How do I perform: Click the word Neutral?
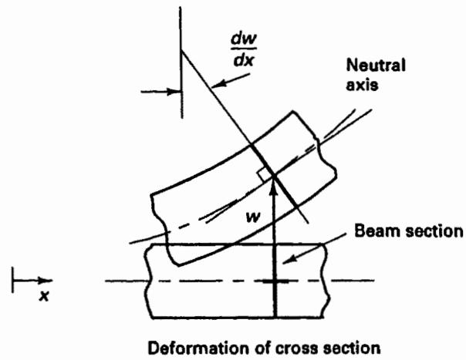(x=376, y=65)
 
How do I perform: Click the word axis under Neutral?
(x=363, y=85)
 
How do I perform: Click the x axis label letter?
(x=44, y=296)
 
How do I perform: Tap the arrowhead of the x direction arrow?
(x=46, y=280)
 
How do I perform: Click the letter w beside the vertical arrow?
(x=253, y=217)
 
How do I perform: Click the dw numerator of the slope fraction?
(x=243, y=40)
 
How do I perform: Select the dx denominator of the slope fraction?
(x=243, y=61)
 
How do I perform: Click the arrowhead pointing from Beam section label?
(x=289, y=258)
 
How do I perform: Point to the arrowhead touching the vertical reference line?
(x=174, y=92)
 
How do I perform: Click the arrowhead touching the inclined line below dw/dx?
(x=218, y=85)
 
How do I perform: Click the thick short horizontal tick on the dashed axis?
(x=275, y=281)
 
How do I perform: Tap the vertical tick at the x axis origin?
(x=12, y=280)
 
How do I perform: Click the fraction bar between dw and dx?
(x=244, y=49)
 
